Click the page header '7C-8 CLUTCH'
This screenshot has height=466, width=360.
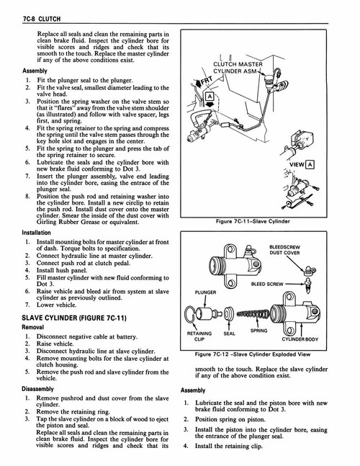click(27, 8)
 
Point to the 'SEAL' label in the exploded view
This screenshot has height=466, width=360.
click(230, 334)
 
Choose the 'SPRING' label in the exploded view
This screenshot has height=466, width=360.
click(258, 331)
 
